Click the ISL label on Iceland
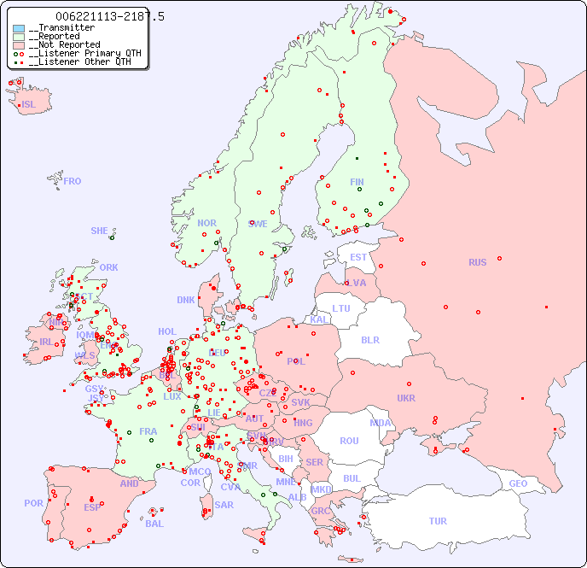28,105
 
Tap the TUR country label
438,521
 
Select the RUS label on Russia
477,262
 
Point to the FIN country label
357,182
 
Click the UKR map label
406,398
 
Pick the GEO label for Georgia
518,483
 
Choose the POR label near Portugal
33,503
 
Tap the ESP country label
92,507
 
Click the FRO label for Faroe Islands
73,181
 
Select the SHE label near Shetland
100,231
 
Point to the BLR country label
370,339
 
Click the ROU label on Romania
349,441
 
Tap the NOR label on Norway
206,223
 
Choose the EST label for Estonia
358,257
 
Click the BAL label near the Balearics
154,524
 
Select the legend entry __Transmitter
61,28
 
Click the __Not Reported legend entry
64,45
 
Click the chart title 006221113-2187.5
109,16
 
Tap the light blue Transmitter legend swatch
19,28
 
